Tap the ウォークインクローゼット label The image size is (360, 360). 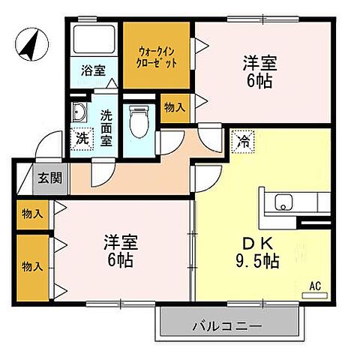(x=158, y=57)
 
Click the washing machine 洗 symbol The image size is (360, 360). (x=82, y=138)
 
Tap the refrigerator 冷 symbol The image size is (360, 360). (x=244, y=139)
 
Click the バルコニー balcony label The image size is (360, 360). (x=228, y=326)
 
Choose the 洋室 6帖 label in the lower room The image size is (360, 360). (x=120, y=252)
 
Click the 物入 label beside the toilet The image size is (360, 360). (x=174, y=108)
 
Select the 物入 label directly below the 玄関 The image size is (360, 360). (x=32, y=214)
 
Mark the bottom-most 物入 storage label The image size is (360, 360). (x=32, y=266)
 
